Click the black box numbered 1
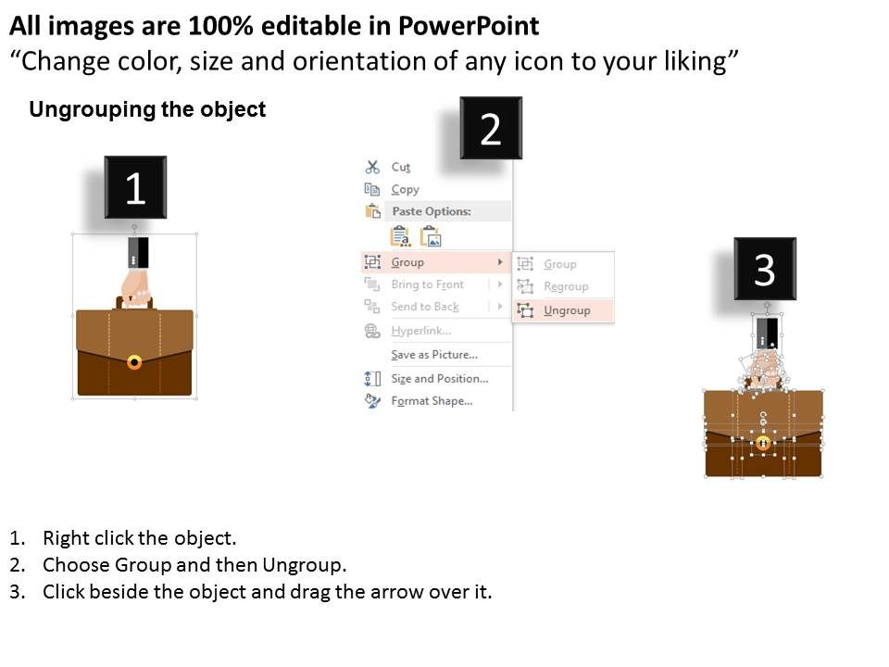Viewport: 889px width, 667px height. click(x=135, y=188)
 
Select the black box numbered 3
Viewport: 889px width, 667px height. click(x=765, y=269)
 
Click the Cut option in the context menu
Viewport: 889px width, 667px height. click(x=400, y=167)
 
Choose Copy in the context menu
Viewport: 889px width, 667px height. click(x=405, y=189)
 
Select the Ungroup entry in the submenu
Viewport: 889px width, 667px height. click(x=566, y=310)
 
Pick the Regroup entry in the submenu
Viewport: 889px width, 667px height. click(x=565, y=286)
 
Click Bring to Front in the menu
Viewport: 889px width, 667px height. click(x=427, y=284)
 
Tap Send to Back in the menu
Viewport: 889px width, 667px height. click(x=424, y=307)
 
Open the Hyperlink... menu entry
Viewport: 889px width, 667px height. click(x=420, y=331)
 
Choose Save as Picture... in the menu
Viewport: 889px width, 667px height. click(x=433, y=355)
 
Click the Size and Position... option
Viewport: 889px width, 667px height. click(x=439, y=378)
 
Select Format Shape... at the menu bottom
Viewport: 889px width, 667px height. click(x=432, y=401)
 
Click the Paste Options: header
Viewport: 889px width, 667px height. click(x=431, y=211)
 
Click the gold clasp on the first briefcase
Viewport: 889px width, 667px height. click(x=134, y=361)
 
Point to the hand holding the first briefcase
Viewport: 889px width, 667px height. click(x=136, y=283)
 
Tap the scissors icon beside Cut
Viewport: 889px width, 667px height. click(x=372, y=167)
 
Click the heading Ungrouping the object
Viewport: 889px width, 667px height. click(x=147, y=110)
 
